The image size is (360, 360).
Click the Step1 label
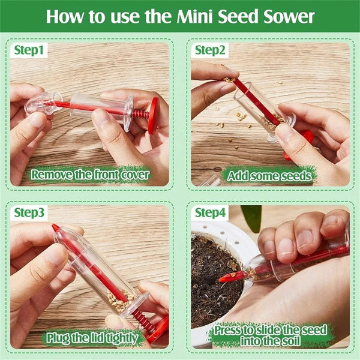[x=29, y=51]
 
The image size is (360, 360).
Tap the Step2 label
[x=210, y=50]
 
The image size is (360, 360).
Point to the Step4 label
[x=211, y=212]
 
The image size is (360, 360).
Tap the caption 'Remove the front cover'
[x=91, y=175]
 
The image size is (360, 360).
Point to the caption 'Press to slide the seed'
[x=272, y=330]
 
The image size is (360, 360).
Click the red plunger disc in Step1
[x=153, y=115]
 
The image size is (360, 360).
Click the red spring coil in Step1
[x=139, y=113]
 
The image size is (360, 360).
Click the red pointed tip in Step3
[x=56, y=228]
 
